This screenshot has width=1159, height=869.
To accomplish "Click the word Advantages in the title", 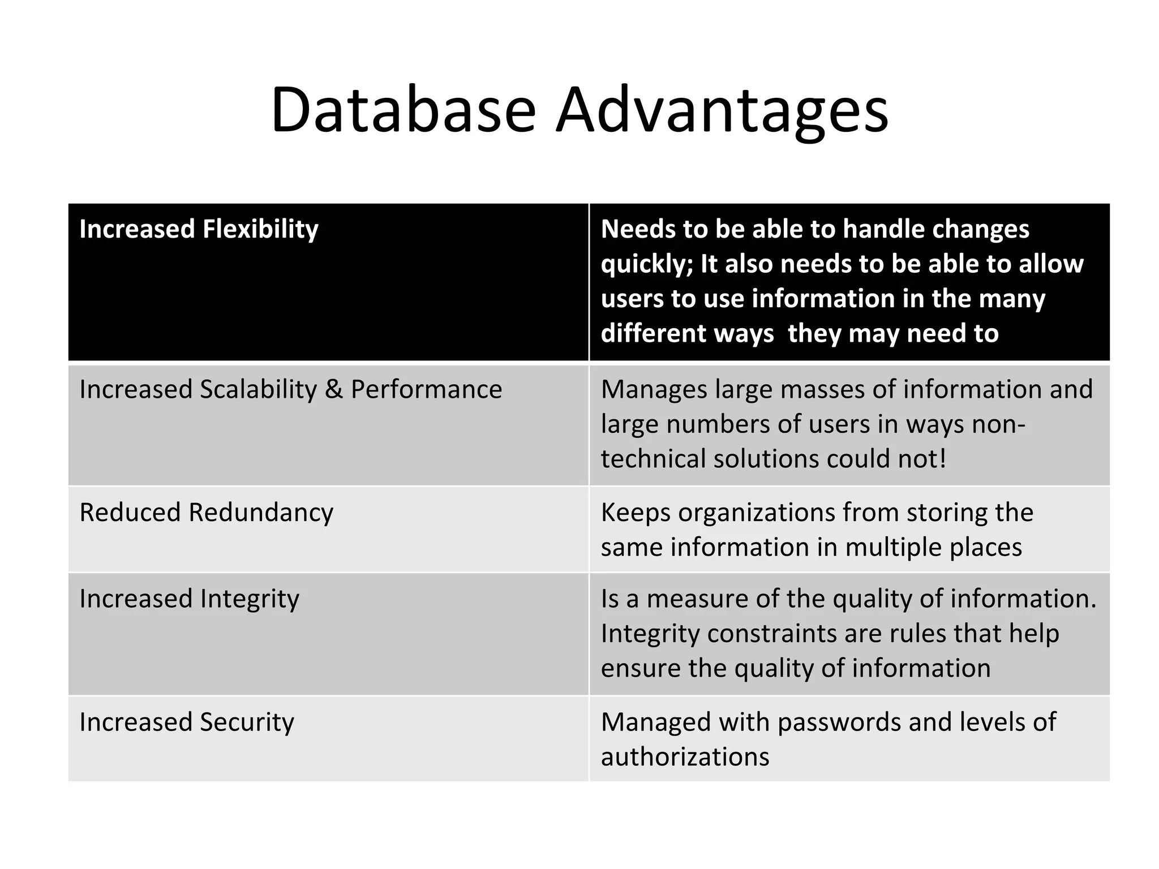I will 722,110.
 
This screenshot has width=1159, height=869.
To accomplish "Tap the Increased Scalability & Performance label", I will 290,390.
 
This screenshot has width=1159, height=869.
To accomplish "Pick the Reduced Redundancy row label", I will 206,513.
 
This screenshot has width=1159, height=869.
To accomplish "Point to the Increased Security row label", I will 187,722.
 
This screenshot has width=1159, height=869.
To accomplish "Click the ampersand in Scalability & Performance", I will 333,390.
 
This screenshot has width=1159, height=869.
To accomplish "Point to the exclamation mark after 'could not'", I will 942,459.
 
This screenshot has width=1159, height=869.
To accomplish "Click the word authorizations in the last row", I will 685,757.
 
